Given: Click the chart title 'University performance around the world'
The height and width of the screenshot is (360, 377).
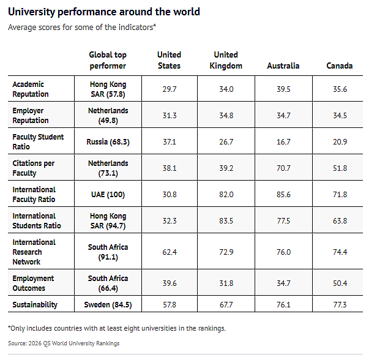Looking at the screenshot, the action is [x=104, y=12].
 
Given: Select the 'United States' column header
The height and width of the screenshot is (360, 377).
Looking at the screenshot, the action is [x=169, y=60].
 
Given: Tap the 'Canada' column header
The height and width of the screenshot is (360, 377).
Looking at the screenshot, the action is [x=339, y=66].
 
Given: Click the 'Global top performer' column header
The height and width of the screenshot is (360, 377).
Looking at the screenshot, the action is [x=108, y=60].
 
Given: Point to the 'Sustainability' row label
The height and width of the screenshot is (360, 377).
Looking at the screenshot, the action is [x=35, y=305].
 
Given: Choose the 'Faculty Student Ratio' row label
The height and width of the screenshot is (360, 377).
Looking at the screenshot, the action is [x=38, y=141].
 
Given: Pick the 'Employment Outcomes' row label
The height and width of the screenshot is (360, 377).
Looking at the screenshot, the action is [x=33, y=283].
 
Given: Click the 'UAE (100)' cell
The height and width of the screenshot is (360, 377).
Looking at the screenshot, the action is [x=108, y=194].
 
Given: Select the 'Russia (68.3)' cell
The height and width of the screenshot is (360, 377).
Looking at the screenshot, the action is [x=108, y=141].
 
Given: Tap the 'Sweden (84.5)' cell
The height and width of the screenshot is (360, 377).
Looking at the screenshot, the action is [x=108, y=305].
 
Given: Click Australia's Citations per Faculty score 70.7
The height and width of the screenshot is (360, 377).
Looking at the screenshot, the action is [x=283, y=168].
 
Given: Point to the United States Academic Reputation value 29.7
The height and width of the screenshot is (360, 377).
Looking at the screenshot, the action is [x=170, y=89].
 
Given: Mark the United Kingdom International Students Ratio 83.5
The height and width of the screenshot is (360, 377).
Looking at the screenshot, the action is [x=226, y=221].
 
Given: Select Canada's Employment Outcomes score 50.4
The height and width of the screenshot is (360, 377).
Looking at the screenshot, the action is [x=340, y=283].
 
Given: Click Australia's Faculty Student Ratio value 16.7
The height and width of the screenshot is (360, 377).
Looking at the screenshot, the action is [x=283, y=142].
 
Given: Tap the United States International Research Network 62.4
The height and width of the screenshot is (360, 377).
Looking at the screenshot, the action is [x=170, y=252].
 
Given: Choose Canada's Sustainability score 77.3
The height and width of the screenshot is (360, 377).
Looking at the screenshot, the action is [x=340, y=305].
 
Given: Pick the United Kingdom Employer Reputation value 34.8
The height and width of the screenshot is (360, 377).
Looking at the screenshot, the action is [x=226, y=116].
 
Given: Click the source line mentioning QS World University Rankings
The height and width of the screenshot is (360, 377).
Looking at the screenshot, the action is [x=64, y=343].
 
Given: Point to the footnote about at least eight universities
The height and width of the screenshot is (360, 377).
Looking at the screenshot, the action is [x=117, y=328].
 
